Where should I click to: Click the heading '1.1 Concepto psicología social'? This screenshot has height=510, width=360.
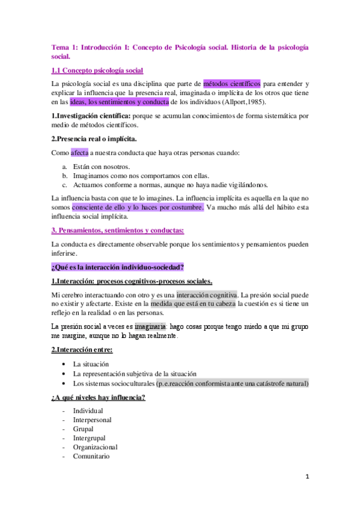point(97,70)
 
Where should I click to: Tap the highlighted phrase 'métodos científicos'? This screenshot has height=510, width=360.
point(231,84)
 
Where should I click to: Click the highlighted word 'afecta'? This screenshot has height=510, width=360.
point(79,153)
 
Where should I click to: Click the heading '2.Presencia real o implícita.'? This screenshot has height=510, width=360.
point(94,139)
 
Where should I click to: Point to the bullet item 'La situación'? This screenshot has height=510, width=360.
point(91,364)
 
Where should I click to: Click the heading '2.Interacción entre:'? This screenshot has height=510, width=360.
point(82,349)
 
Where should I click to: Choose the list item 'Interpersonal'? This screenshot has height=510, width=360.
point(92,420)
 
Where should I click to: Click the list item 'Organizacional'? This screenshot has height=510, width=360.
point(95,447)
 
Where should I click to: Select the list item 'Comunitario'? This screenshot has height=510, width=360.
point(91,456)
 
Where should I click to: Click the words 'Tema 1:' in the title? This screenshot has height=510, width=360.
point(65,47)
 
